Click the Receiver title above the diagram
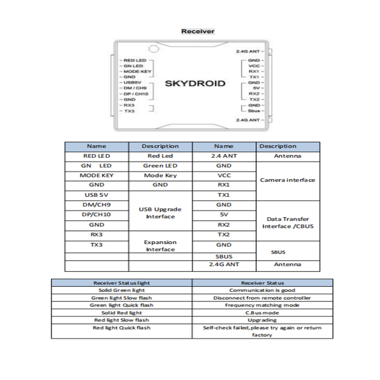coord(198,31)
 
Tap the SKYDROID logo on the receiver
coord(195,84)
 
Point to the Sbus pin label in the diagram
coord(253,110)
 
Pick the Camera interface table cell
coord(288,180)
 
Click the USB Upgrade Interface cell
coord(161,213)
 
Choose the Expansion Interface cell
coord(161,246)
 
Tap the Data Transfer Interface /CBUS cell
coord(288,222)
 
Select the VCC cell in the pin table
coord(224,175)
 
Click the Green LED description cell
coord(161,166)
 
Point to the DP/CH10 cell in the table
coord(96,215)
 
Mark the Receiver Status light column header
coord(122,283)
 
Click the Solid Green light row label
coord(122,290)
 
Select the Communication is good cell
coord(262,290)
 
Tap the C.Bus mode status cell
coord(262,313)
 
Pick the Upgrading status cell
coord(262,320)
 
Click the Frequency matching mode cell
coord(262,305)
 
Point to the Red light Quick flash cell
coord(122,328)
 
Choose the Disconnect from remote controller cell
coord(262,298)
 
